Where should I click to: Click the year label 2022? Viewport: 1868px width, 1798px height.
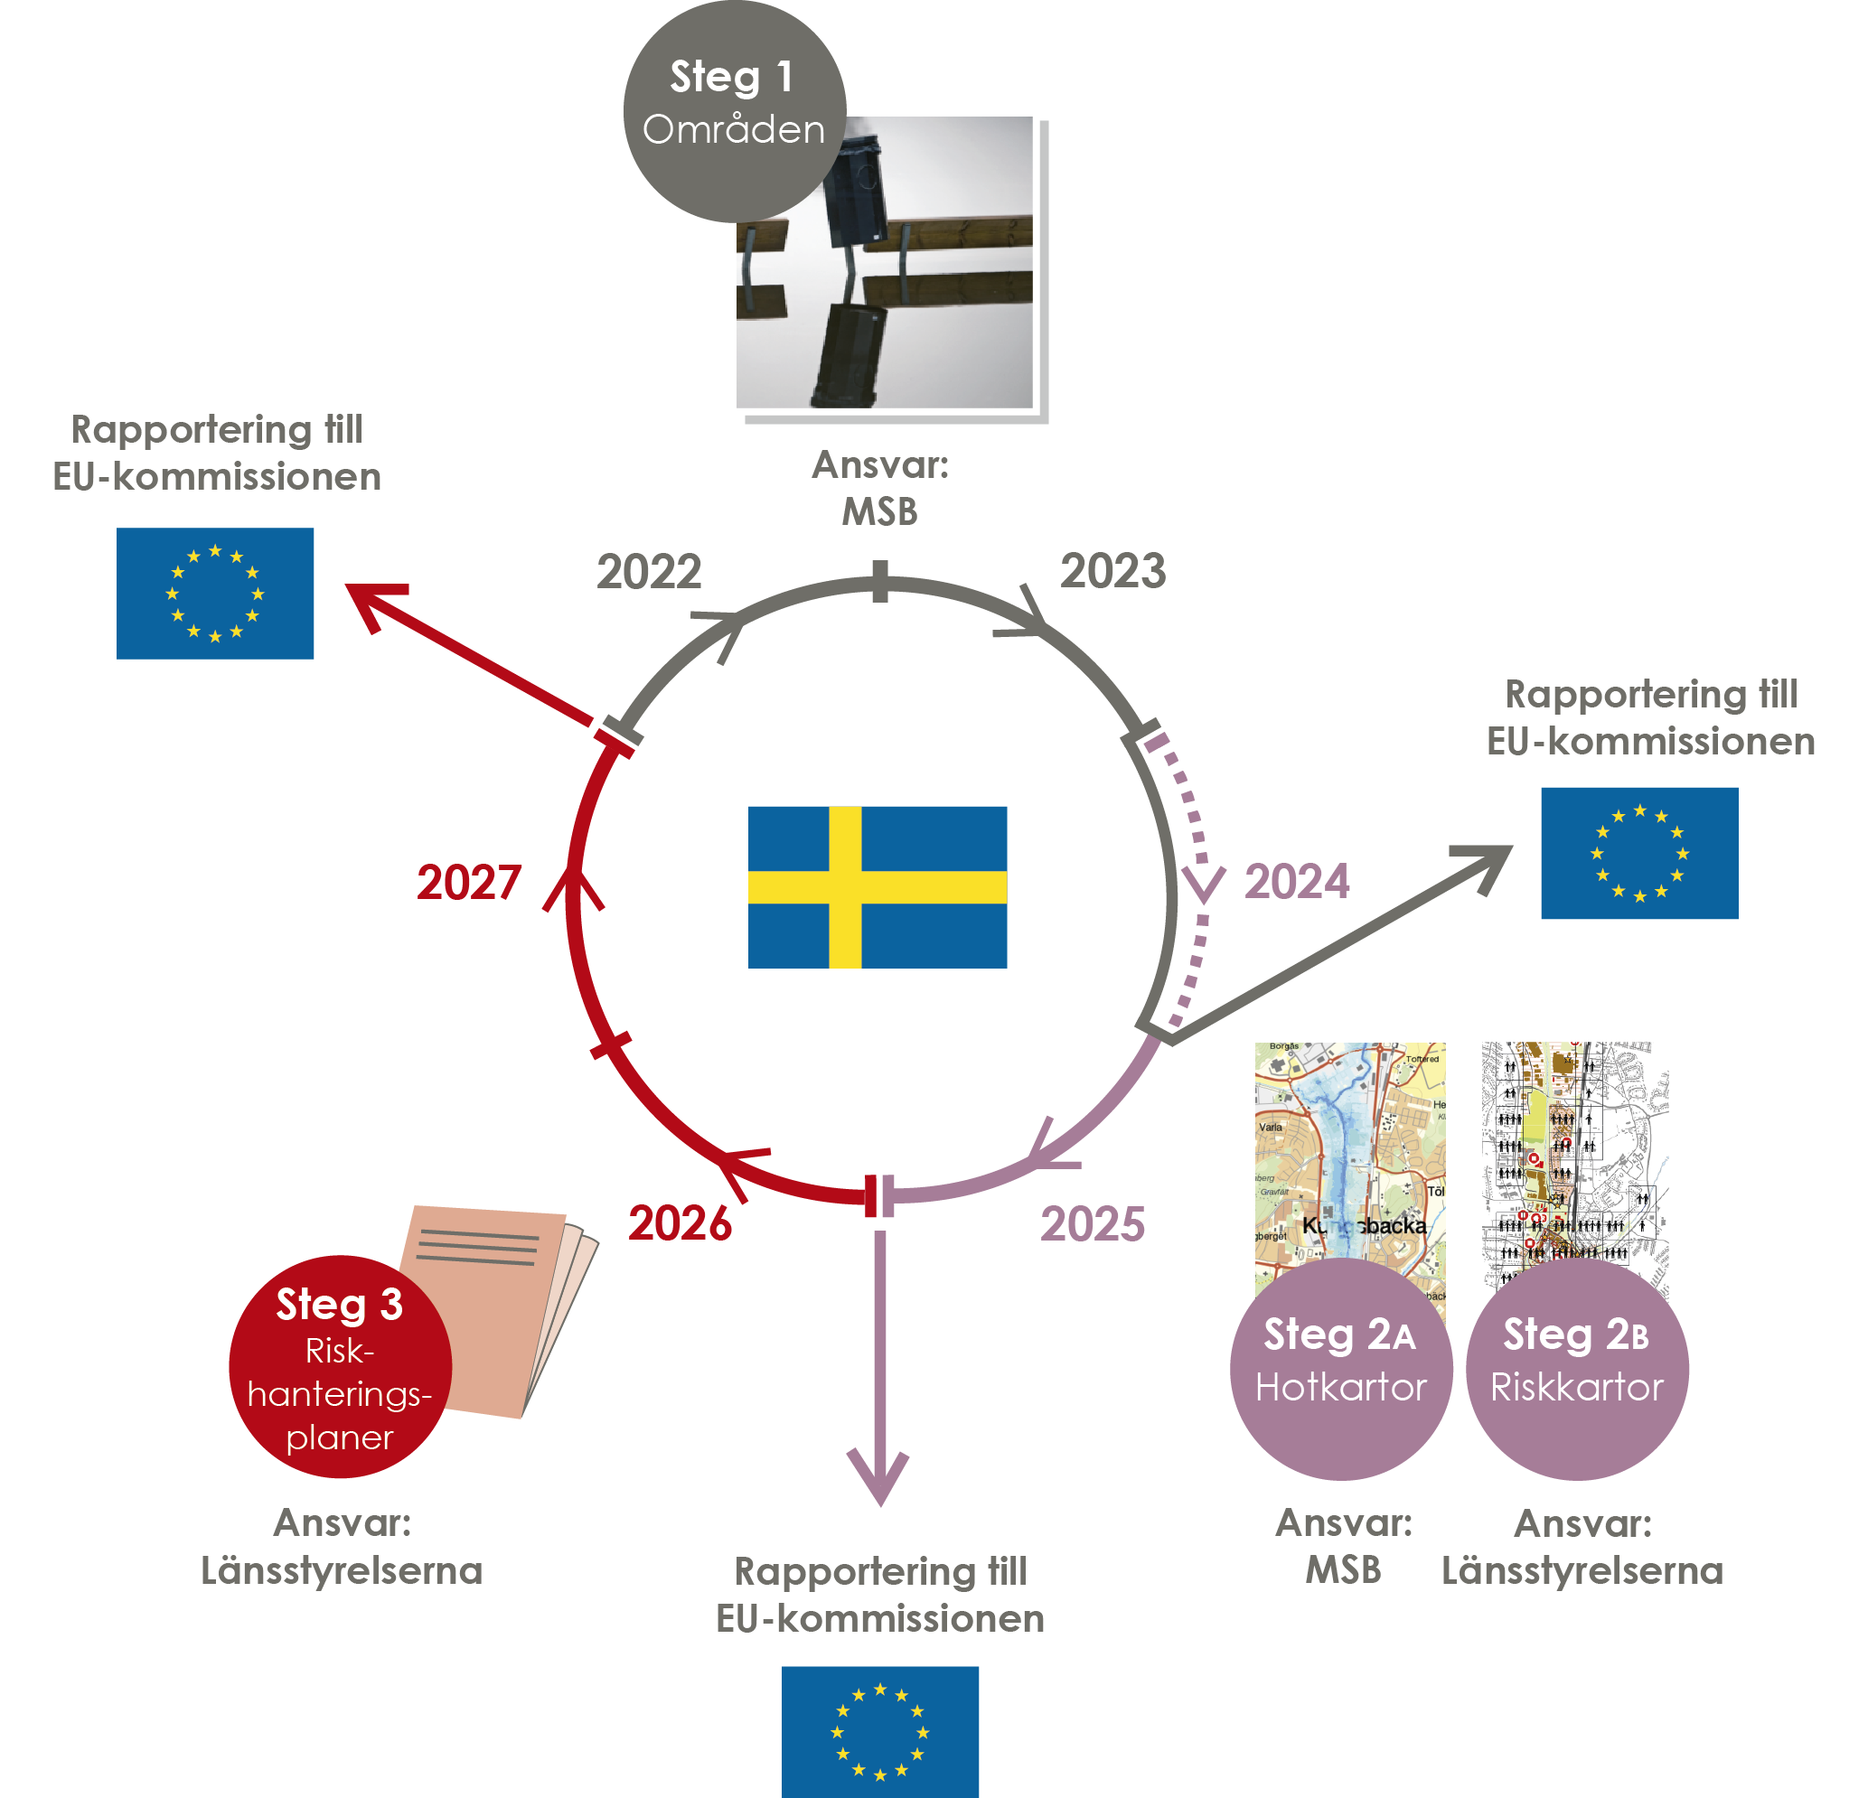click(x=649, y=572)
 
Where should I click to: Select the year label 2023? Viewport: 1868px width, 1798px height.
click(x=1112, y=571)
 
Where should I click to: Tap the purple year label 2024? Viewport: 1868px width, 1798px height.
click(x=1296, y=881)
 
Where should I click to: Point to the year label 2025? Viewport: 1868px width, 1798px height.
click(x=1093, y=1224)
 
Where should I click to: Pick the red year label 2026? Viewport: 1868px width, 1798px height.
click(x=680, y=1223)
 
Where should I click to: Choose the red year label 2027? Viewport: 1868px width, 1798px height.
click(x=469, y=883)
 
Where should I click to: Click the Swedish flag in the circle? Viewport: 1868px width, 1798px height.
click(x=877, y=887)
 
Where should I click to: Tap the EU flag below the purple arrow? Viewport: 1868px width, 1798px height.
click(x=879, y=1731)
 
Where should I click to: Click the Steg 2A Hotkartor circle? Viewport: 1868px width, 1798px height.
click(x=1340, y=1368)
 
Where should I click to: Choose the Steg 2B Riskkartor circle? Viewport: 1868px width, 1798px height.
click(x=1576, y=1368)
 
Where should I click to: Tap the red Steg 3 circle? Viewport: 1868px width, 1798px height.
click(x=339, y=1366)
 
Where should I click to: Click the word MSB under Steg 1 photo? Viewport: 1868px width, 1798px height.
click(x=879, y=512)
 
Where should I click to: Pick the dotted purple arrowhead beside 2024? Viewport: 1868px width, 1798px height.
click(x=1203, y=884)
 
